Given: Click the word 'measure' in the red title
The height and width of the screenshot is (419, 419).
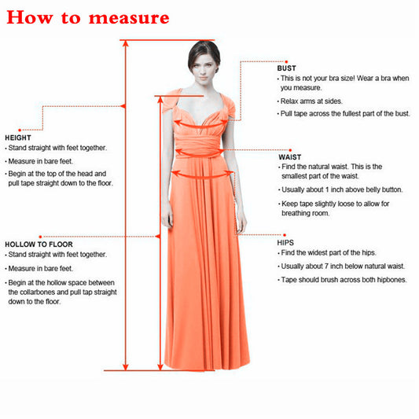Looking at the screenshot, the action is point(129,18).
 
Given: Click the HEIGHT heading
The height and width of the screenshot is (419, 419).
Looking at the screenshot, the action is point(18,138).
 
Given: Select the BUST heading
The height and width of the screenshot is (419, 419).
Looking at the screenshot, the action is point(286,68).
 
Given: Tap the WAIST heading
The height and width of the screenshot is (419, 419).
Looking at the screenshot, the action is point(290,157).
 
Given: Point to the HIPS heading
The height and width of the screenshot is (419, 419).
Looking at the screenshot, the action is point(285,243).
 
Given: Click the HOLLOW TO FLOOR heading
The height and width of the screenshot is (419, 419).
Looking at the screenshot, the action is point(39,244).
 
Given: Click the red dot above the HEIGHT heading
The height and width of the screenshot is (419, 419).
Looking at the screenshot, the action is point(20,130).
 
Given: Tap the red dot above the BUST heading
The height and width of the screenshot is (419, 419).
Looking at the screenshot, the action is point(286,62).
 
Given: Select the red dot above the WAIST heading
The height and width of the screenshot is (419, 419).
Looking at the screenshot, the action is point(290,150).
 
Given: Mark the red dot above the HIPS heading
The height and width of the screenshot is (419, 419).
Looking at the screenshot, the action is point(285,235).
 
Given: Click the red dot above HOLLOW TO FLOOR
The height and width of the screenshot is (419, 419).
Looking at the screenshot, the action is point(40,237).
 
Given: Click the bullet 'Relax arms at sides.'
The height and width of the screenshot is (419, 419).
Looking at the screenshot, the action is point(310,101).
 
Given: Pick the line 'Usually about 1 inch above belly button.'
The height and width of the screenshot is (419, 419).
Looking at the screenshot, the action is point(340,189).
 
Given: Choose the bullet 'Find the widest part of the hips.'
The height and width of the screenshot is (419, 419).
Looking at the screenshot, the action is point(327,252).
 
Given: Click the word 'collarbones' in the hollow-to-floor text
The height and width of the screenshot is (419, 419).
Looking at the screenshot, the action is point(37,292).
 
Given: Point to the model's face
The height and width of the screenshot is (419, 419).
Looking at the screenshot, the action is point(204,68).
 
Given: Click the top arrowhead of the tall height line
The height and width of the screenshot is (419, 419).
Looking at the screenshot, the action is point(125,43).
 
